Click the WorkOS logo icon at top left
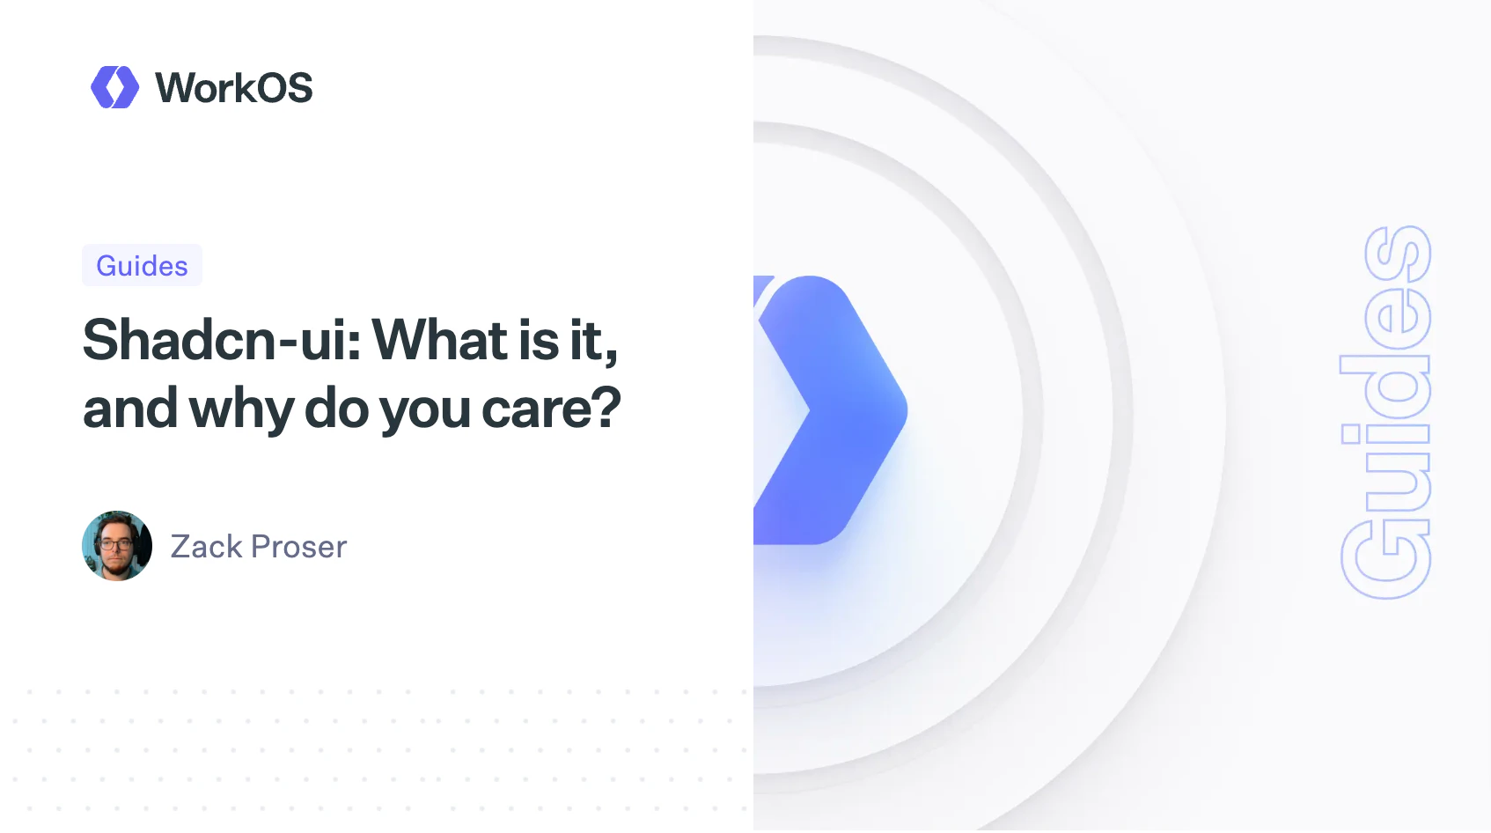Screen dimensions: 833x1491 click(x=114, y=87)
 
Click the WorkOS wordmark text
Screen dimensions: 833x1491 click(x=233, y=88)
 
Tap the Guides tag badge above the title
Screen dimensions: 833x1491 click(x=142, y=266)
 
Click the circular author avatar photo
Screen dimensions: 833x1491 click(x=117, y=546)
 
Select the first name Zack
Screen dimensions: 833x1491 click(x=206, y=547)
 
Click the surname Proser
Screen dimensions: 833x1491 click(x=298, y=547)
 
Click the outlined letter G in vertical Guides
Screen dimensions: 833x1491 click(x=1385, y=559)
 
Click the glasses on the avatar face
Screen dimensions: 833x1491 click(x=116, y=544)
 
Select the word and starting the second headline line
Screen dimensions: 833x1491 click(x=129, y=409)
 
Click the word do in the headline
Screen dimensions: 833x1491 click(x=336, y=409)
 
